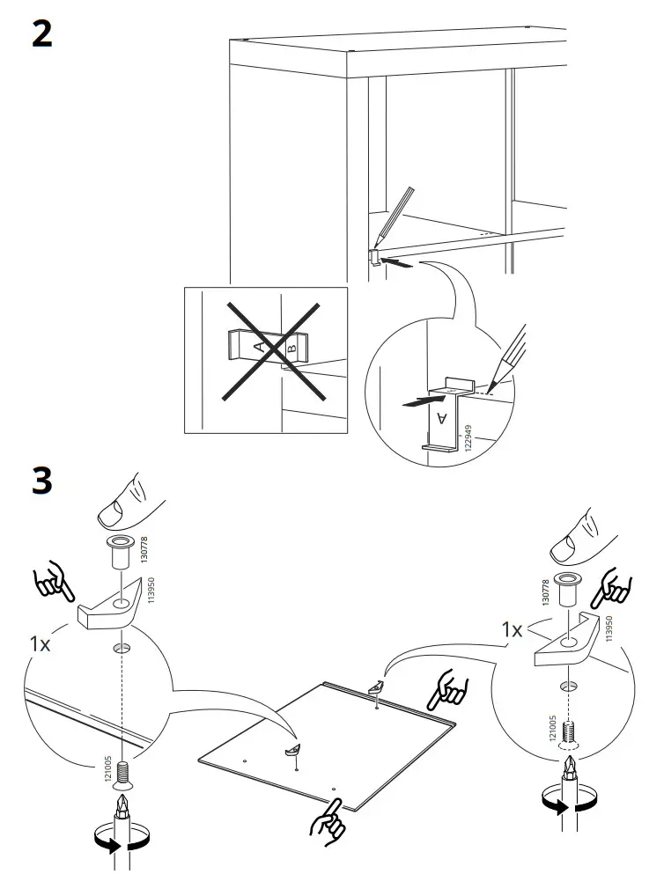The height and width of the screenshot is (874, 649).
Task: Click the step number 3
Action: point(41,481)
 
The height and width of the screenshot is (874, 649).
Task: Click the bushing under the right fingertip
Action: point(570,584)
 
